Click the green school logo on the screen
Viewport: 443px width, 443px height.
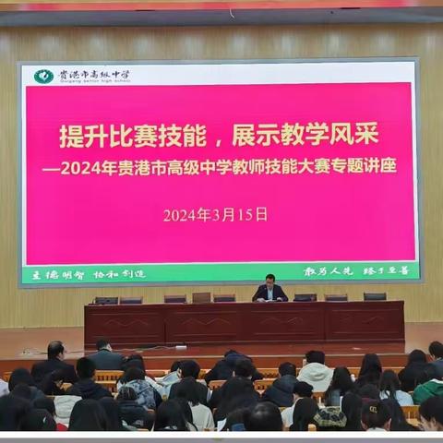click(x=43, y=77)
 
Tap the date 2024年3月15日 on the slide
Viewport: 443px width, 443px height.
click(x=215, y=214)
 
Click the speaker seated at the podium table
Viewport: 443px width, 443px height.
click(x=269, y=289)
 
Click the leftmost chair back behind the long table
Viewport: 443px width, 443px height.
click(x=105, y=300)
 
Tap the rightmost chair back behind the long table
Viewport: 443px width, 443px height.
click(x=374, y=296)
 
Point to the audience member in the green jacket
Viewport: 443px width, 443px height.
click(x=427, y=388)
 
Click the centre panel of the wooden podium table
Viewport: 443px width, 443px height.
click(x=245, y=324)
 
